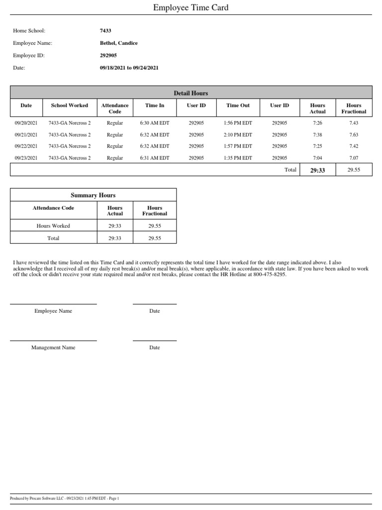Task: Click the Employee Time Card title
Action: (x=191, y=7)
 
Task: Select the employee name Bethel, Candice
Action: (x=118, y=43)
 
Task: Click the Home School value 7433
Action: (x=105, y=31)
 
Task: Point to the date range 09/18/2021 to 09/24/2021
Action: (x=129, y=68)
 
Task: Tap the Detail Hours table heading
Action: (x=191, y=93)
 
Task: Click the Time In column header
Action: (x=155, y=106)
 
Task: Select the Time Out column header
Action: (x=238, y=106)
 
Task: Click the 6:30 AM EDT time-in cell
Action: (x=155, y=123)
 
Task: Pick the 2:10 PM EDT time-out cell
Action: (x=238, y=135)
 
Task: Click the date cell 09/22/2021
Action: (x=26, y=146)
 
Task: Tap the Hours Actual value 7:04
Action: (x=317, y=158)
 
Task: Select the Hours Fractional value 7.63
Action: (x=354, y=135)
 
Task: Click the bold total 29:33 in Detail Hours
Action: (x=317, y=170)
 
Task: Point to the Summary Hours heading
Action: (x=93, y=195)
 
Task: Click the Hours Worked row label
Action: (x=53, y=226)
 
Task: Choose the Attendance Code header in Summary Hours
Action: (x=53, y=208)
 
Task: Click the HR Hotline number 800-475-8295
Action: (x=270, y=275)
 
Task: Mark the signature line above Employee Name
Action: (x=53, y=304)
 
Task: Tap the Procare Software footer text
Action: (x=65, y=499)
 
